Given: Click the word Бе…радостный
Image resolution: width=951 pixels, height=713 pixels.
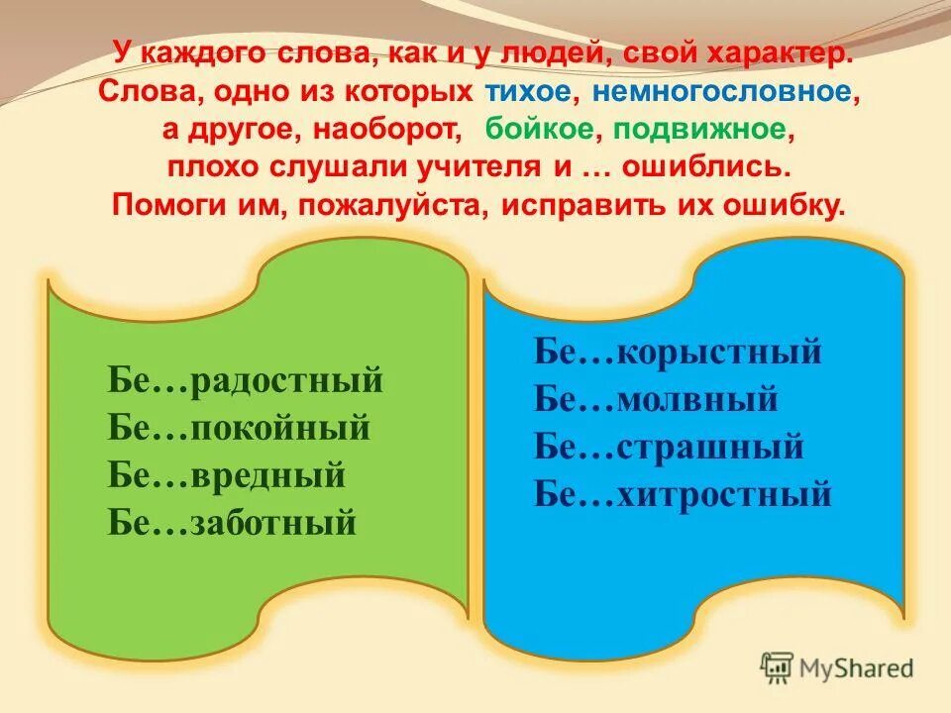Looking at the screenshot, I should click(245, 380).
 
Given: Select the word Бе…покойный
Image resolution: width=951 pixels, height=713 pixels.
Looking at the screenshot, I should click(239, 428).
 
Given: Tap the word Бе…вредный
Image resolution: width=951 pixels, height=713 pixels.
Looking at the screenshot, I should click(227, 475).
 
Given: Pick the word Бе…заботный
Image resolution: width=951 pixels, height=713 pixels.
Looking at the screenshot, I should click(232, 523).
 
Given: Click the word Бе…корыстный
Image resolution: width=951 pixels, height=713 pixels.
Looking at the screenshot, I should click(679, 352).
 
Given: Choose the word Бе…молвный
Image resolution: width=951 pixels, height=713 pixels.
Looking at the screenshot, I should click(656, 399).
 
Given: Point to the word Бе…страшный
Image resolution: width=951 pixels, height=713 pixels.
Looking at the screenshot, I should click(669, 447).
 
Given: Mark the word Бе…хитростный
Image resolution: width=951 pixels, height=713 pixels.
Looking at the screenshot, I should click(683, 493).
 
